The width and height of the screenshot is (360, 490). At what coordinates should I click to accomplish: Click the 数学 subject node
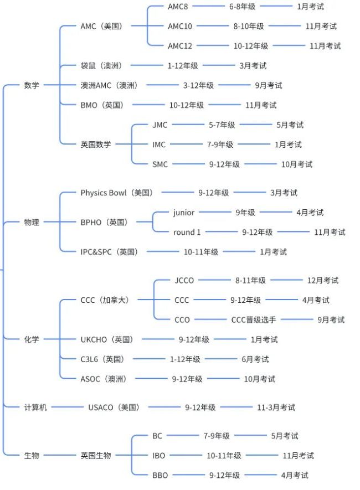(32, 85)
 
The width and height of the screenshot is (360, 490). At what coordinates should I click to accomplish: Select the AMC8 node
(178, 7)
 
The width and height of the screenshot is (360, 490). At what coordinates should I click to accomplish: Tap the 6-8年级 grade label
(242, 7)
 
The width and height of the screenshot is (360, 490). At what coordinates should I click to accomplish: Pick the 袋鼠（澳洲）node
(101, 66)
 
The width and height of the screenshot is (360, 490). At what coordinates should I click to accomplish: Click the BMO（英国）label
(102, 105)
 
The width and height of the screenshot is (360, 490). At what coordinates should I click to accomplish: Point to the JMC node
(160, 125)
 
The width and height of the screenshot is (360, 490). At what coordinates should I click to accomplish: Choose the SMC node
(160, 164)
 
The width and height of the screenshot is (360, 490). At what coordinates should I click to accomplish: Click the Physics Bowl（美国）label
(117, 193)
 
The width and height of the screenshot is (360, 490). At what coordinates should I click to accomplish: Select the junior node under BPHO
(184, 213)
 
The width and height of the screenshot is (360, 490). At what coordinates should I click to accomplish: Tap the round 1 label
(187, 232)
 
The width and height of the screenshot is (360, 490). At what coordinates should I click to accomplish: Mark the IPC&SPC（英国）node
(109, 252)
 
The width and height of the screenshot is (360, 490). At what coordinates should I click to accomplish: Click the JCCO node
(184, 280)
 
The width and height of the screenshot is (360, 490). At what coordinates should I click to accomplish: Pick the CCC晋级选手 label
(254, 319)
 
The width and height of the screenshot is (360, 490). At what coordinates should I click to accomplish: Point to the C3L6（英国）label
(102, 359)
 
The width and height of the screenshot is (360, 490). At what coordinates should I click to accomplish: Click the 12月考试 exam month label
(323, 280)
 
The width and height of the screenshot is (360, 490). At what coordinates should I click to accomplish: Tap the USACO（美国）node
(114, 408)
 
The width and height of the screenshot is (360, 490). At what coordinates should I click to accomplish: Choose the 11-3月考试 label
(276, 408)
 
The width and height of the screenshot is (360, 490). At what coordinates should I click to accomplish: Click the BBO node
(160, 475)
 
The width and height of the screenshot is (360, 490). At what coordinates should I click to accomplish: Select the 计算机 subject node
(35, 408)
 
